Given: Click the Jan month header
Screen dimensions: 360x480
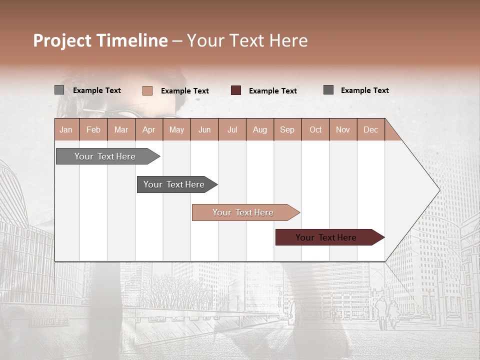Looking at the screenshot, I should [x=66, y=129].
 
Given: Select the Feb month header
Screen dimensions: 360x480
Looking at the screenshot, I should [x=93, y=129].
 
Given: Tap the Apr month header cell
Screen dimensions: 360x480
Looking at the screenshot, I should [x=149, y=129].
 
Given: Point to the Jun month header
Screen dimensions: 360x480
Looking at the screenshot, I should [x=204, y=129].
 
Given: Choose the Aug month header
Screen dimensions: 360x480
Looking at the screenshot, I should [x=260, y=129].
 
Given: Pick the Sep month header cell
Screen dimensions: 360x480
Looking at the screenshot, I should [x=287, y=129].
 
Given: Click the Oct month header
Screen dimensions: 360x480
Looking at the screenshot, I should [x=315, y=129].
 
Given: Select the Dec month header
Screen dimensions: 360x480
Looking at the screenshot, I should [x=371, y=129].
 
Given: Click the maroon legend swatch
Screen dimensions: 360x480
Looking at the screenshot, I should [x=236, y=90].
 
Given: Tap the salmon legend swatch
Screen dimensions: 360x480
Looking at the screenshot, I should [x=147, y=90].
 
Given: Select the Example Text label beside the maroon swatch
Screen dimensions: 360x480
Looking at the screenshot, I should [x=273, y=91].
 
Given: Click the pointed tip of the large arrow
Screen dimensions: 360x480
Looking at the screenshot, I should [x=438, y=190].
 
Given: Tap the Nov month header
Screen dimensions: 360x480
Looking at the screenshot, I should [x=343, y=129].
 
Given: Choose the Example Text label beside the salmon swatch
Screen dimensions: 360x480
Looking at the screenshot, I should [x=185, y=91].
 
